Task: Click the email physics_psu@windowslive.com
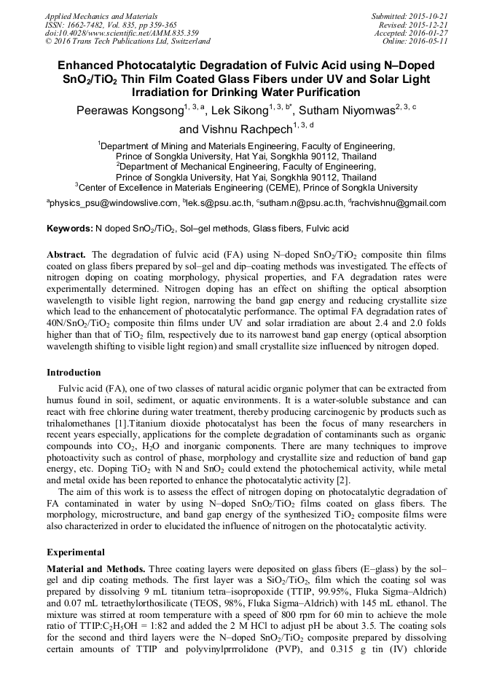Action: (x=114, y=203)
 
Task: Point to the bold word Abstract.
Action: (x=66, y=255)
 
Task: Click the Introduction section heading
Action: (x=74, y=373)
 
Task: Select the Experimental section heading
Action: (x=75, y=552)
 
